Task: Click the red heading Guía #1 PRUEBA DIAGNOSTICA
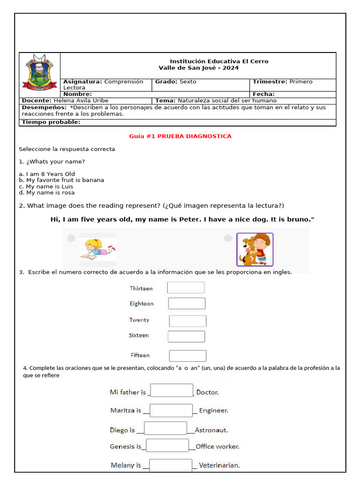(x=180, y=136)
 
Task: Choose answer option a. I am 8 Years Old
(x=47, y=174)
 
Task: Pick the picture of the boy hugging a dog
(x=255, y=249)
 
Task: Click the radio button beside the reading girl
(x=71, y=239)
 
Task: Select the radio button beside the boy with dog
(x=228, y=239)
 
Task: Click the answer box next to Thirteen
(x=186, y=288)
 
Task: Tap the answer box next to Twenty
(x=187, y=321)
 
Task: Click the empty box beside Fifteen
(x=187, y=356)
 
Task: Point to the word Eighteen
(x=142, y=304)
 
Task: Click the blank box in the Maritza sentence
(x=171, y=411)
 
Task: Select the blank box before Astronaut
(x=165, y=428)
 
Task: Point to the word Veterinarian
(x=219, y=465)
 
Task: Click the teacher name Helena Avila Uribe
(x=81, y=101)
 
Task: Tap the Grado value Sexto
(x=188, y=82)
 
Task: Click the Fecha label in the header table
(x=263, y=94)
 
